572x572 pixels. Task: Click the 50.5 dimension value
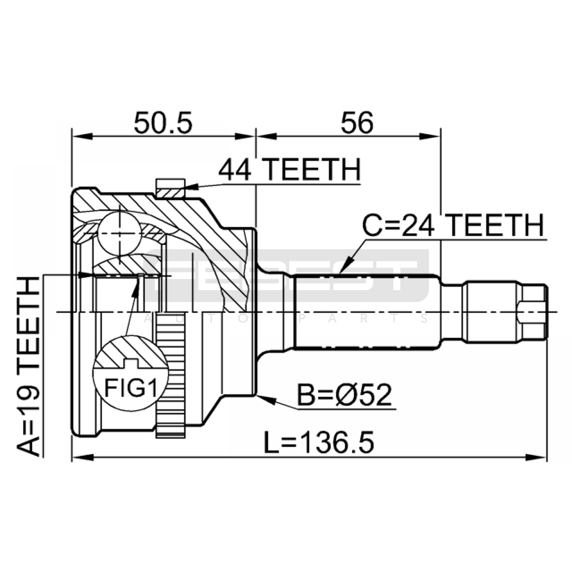163,123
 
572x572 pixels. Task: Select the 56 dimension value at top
357,123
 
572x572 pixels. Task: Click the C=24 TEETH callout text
453,226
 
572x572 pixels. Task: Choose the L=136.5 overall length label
319,442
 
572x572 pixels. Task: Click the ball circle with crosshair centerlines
119,233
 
